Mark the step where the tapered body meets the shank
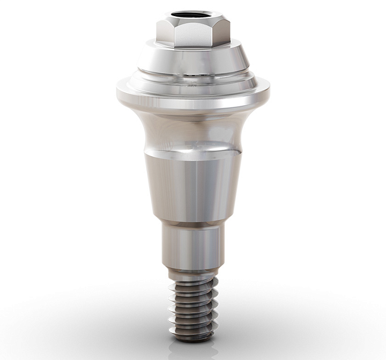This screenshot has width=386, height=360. (x=193, y=221)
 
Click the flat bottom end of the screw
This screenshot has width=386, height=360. (x=193, y=339)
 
